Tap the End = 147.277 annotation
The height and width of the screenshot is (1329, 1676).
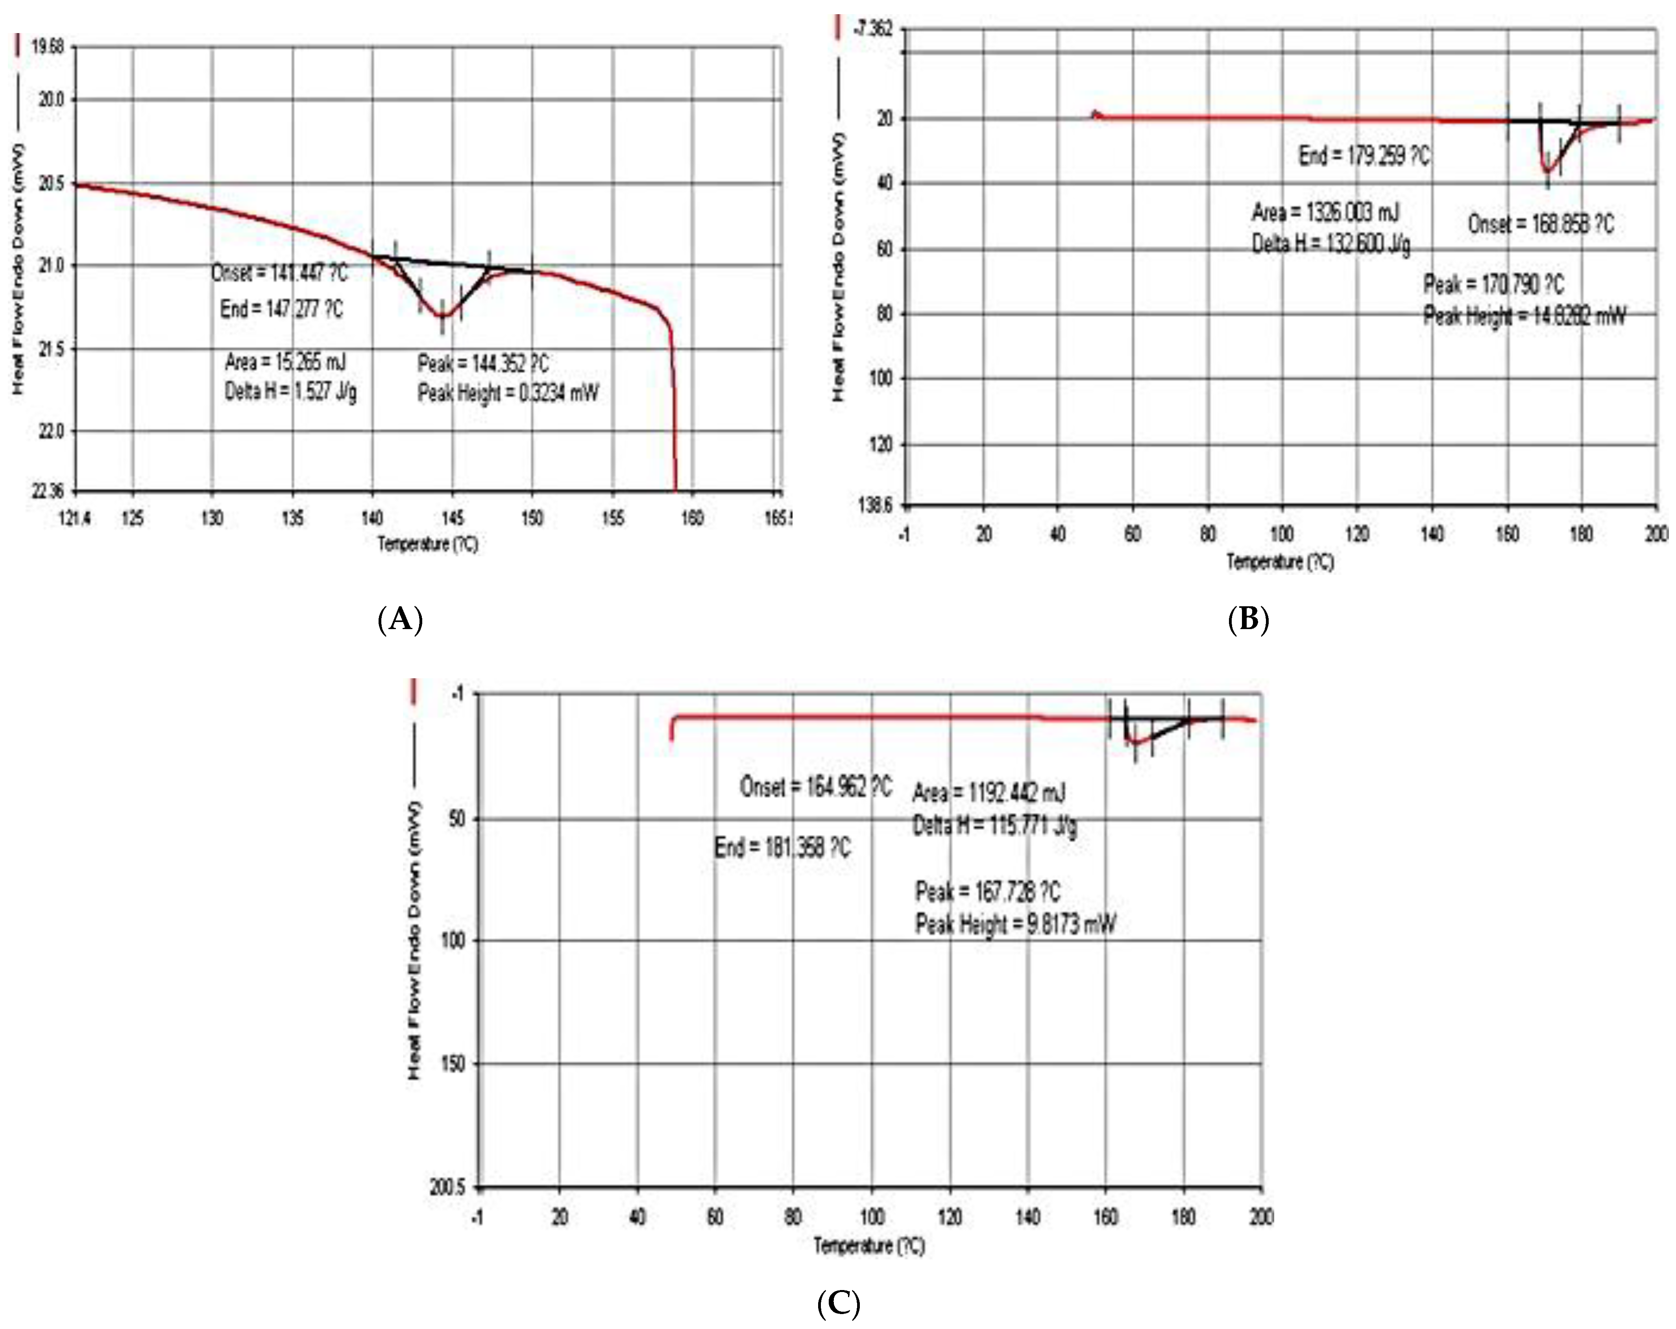point(281,309)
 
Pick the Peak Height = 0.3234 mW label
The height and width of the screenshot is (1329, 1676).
point(508,393)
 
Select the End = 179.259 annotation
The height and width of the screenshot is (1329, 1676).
point(1364,156)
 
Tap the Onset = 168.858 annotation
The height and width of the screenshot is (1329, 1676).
point(1541,225)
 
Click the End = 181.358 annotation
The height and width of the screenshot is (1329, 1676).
point(782,846)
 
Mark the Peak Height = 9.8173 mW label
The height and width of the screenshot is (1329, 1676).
point(1015,924)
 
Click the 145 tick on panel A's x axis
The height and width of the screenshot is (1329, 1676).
point(453,518)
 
